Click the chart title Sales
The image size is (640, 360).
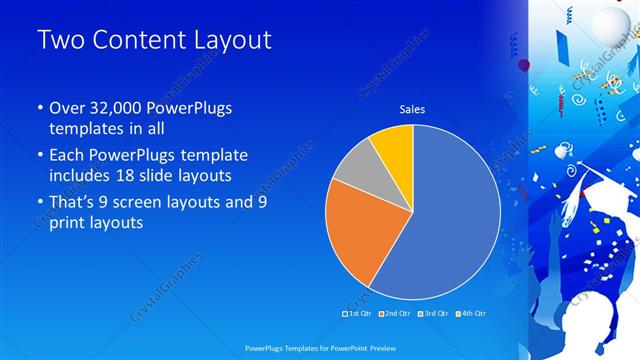(412, 108)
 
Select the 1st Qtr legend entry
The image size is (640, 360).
(359, 314)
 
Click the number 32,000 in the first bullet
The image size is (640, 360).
(112, 108)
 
